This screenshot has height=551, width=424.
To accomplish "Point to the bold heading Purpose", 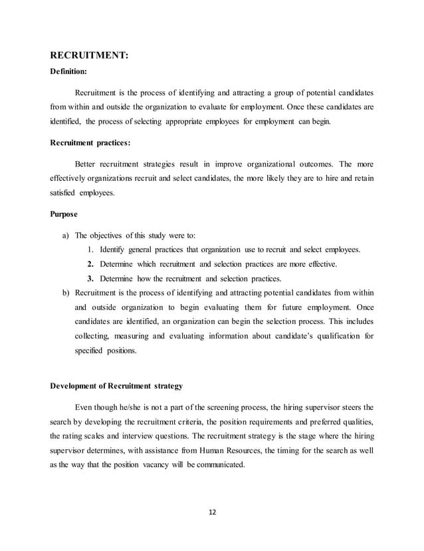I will click(x=64, y=214).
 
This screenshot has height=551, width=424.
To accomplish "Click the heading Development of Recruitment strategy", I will click(x=112, y=385).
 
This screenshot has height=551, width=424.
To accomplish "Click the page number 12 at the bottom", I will click(x=212, y=512).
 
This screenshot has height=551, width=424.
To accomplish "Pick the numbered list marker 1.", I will click(x=90, y=250).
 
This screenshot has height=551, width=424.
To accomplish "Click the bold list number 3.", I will click(x=90, y=278).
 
